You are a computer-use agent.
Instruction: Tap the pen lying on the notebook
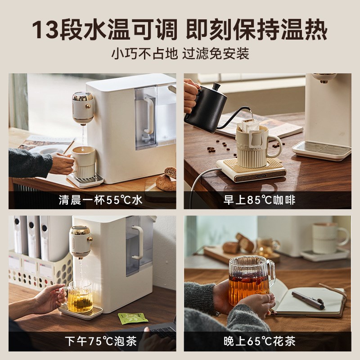(308, 300)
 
